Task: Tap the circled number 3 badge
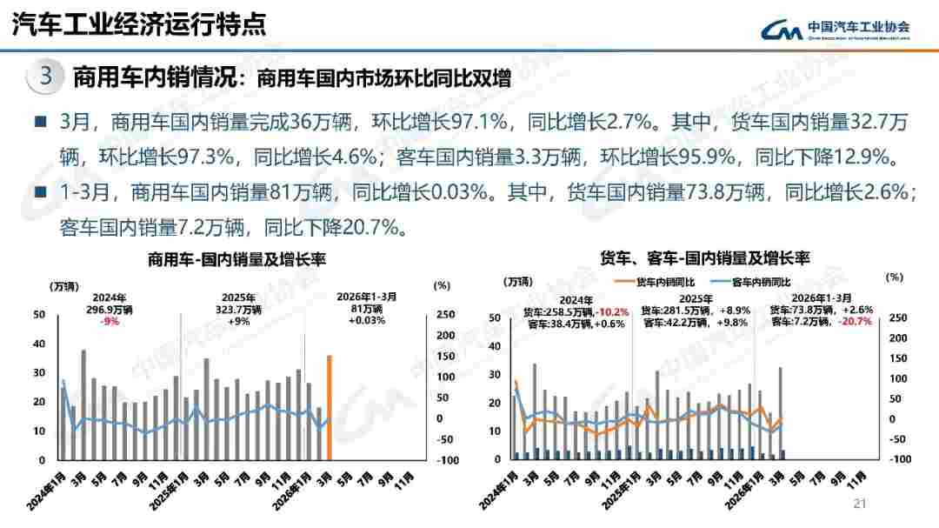tap(46, 77)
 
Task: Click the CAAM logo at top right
tap(836, 29)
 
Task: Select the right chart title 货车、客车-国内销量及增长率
tap(704, 258)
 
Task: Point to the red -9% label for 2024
tap(110, 321)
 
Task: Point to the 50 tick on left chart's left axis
tap(39, 314)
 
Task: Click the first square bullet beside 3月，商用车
tap(40, 121)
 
